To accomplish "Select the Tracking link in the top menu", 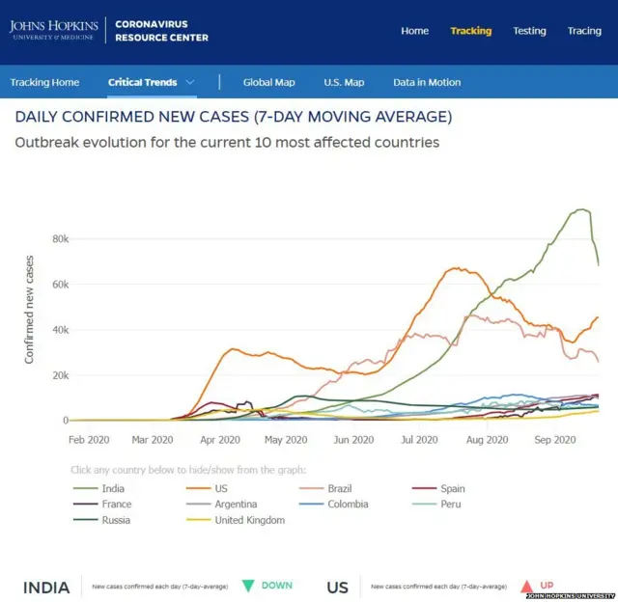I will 470,31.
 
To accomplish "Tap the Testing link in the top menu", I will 529,31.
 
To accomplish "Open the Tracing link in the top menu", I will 584,31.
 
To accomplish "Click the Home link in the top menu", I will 414,31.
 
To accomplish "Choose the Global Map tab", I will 268,83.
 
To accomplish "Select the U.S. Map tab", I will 344,83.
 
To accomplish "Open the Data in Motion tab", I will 427,83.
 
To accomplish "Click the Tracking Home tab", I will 44,83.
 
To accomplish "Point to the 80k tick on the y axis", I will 59,238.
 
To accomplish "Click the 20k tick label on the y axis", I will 59,374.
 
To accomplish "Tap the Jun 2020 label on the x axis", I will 353,440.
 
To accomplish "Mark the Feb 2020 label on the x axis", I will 89,440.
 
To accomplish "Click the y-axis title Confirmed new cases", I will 29,309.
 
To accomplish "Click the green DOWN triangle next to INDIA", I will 248,586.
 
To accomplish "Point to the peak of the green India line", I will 581,209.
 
